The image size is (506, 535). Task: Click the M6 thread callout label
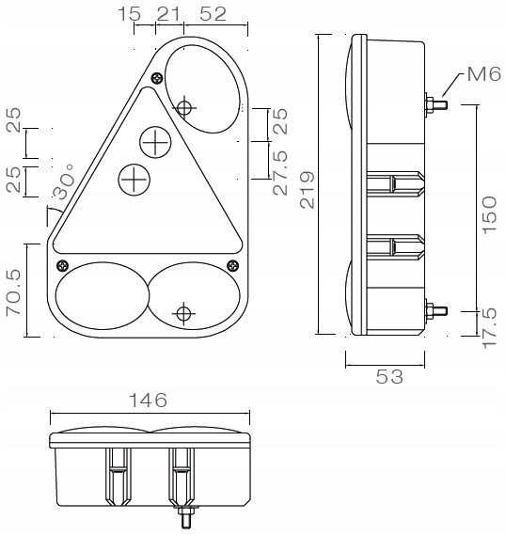click(x=483, y=74)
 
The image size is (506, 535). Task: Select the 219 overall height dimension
click(x=308, y=190)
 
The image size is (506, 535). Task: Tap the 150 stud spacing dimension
click(x=490, y=215)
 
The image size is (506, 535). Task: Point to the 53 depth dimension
click(x=389, y=377)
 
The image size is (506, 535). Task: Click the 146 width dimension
click(x=148, y=400)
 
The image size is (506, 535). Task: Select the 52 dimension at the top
click(x=213, y=14)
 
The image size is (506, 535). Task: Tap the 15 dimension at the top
click(x=129, y=14)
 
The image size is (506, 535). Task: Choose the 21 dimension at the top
click(x=168, y=14)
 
